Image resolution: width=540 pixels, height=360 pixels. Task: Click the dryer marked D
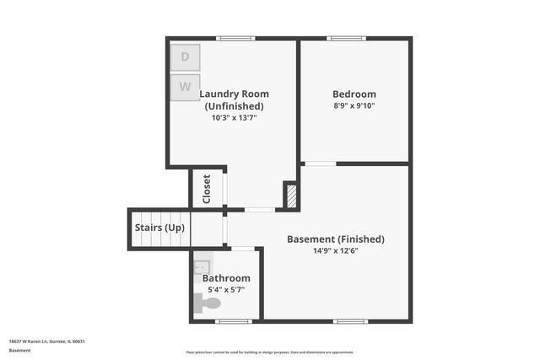pyautogui.click(x=186, y=57)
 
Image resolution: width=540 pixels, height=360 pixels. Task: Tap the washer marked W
pyautogui.click(x=186, y=87)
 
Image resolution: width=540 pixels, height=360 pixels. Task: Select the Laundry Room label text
pyautogui.click(x=234, y=99)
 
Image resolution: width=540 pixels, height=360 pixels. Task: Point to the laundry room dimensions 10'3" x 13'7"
pyautogui.click(x=234, y=118)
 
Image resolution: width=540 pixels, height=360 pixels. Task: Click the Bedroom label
pyautogui.click(x=354, y=94)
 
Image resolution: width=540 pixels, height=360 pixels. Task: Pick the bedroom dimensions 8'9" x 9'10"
pyautogui.click(x=354, y=105)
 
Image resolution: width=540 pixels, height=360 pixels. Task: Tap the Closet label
pyautogui.click(x=207, y=190)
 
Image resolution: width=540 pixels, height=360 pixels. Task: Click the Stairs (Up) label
pyautogui.click(x=159, y=228)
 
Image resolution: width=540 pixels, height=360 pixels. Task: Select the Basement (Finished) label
pyautogui.click(x=336, y=239)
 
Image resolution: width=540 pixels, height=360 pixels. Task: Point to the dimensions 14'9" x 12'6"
pyautogui.click(x=336, y=250)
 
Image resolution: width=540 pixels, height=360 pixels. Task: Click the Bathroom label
pyautogui.click(x=226, y=278)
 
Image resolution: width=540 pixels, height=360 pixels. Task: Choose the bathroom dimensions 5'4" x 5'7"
pyautogui.click(x=226, y=290)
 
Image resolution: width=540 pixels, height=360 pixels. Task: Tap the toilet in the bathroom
pyautogui.click(x=207, y=303)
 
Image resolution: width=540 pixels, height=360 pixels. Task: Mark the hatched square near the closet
pyautogui.click(x=292, y=196)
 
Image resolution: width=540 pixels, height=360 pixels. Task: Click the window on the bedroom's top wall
pyautogui.click(x=347, y=38)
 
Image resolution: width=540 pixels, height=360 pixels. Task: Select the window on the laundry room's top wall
pyautogui.click(x=235, y=38)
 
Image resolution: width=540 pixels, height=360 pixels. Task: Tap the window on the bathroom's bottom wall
pyautogui.click(x=233, y=321)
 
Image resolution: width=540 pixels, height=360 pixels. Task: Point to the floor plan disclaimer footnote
pyautogui.click(x=270, y=352)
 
